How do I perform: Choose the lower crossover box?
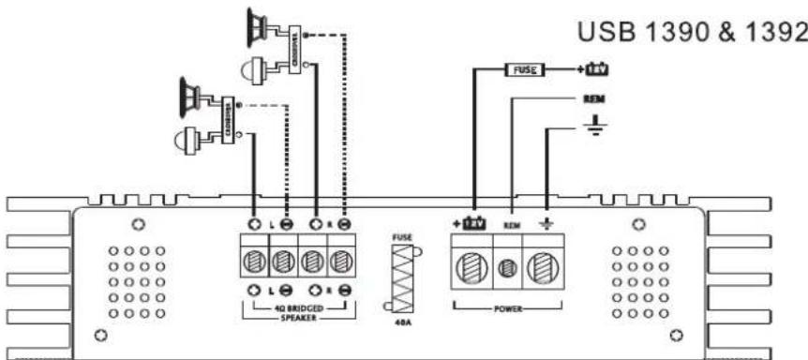click(226, 116)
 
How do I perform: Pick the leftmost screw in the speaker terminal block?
click(254, 259)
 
